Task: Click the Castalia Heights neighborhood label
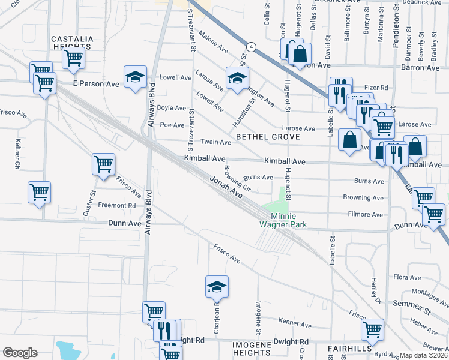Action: click(x=72, y=43)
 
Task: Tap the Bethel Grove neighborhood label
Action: click(x=267, y=137)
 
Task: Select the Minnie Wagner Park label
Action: click(x=288, y=220)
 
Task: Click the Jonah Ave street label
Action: click(x=225, y=187)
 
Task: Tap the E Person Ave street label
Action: click(x=96, y=84)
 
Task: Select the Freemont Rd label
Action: click(x=117, y=205)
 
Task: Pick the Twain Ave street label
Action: click(x=215, y=142)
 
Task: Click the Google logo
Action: click(x=20, y=353)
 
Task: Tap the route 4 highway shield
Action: click(x=250, y=46)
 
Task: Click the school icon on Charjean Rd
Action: click(x=217, y=287)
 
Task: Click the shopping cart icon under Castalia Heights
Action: click(x=73, y=58)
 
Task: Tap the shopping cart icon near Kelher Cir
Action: click(x=39, y=193)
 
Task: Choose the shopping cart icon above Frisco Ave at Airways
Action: click(x=103, y=163)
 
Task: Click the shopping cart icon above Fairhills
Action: click(x=372, y=328)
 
